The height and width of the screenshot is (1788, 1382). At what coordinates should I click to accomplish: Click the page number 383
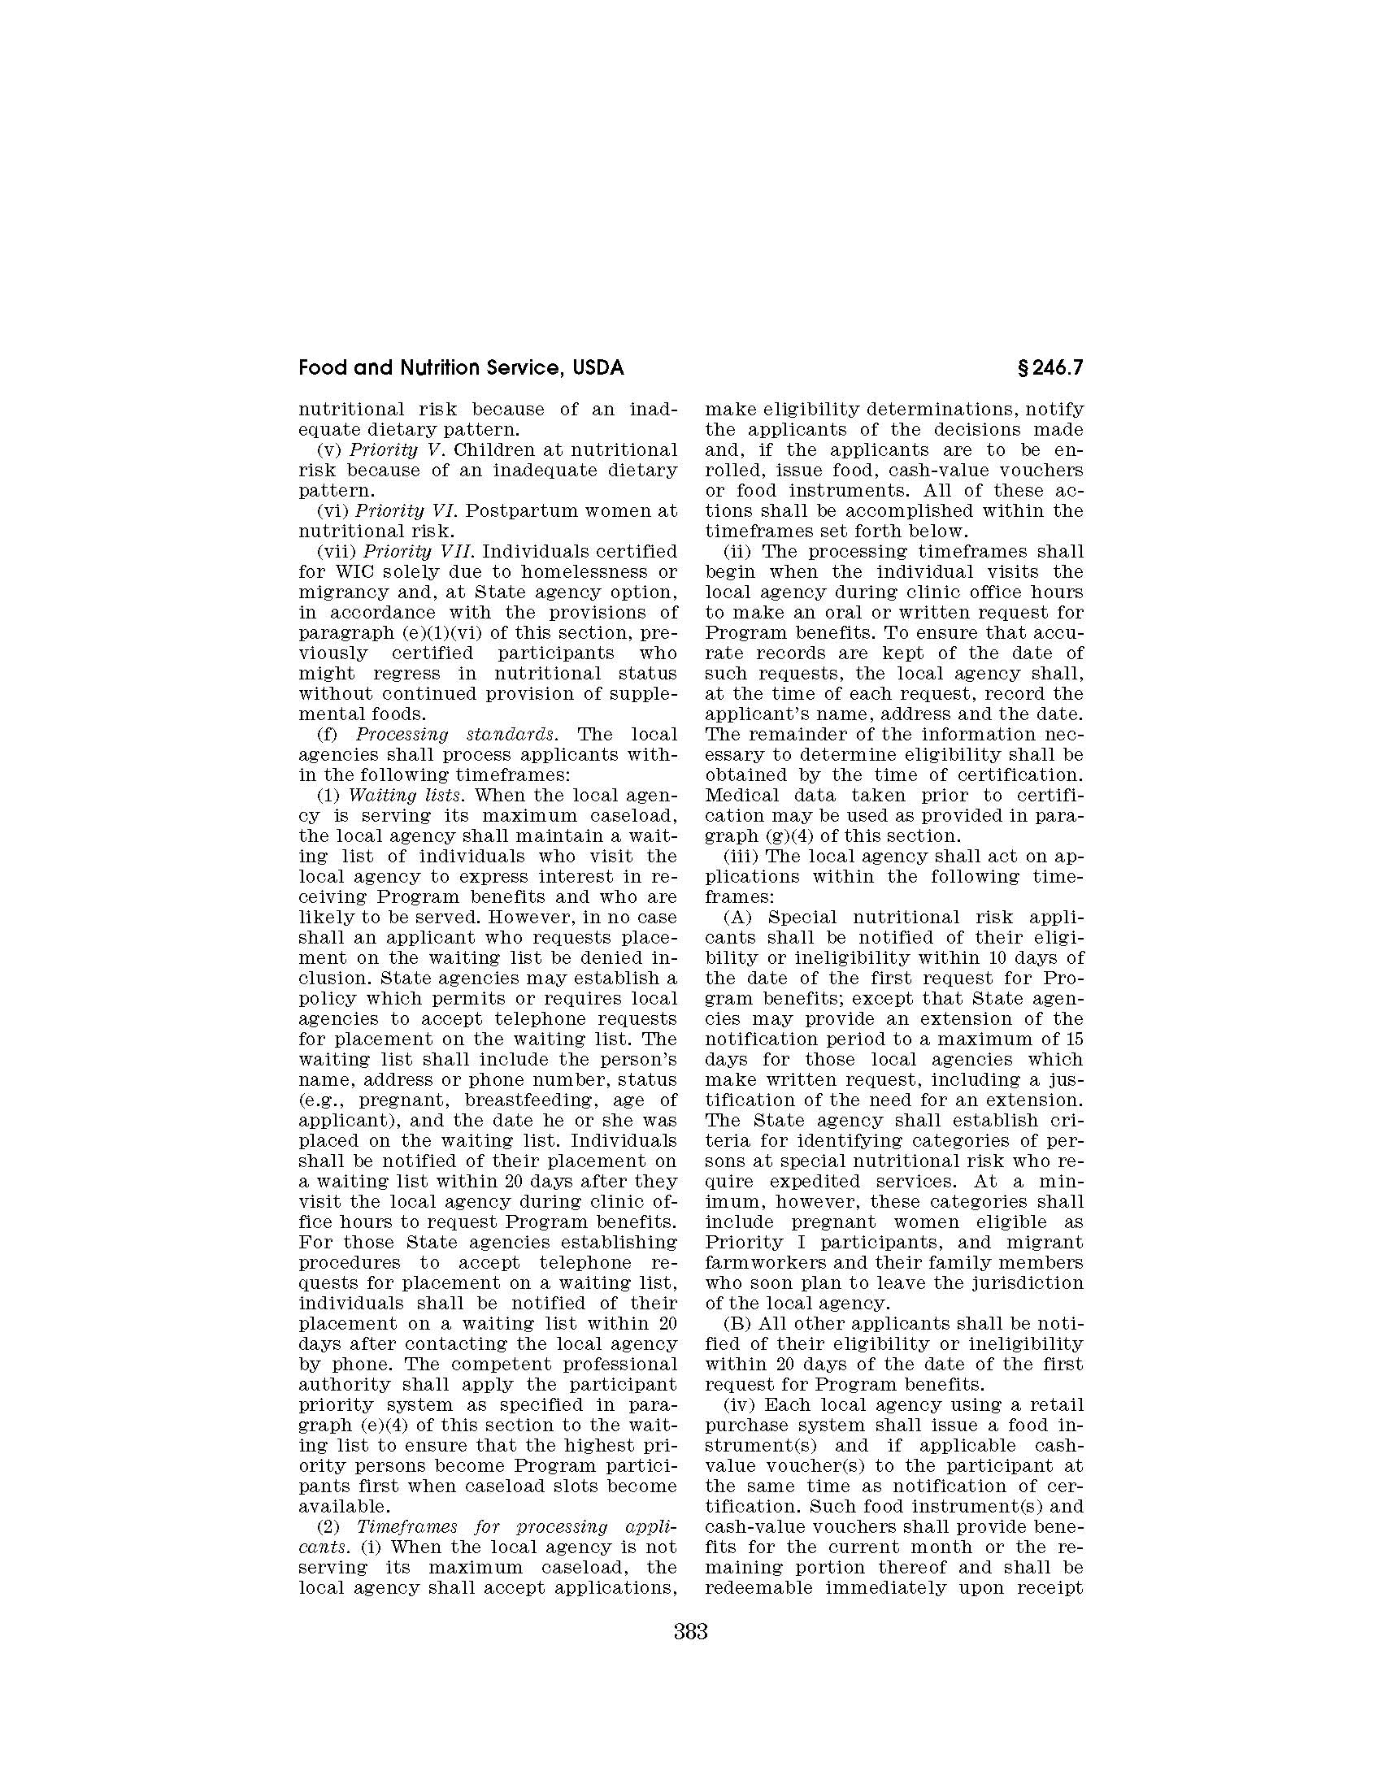tap(690, 1655)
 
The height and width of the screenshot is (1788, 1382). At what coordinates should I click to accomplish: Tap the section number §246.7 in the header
tap(1049, 368)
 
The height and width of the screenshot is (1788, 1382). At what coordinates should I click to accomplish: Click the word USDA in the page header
tap(598, 368)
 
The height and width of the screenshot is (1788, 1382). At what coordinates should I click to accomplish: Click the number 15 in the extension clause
tap(1075, 1039)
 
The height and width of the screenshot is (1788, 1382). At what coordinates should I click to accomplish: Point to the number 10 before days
tap(998, 958)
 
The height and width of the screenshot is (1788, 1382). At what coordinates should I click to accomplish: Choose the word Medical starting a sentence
tap(739, 795)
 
